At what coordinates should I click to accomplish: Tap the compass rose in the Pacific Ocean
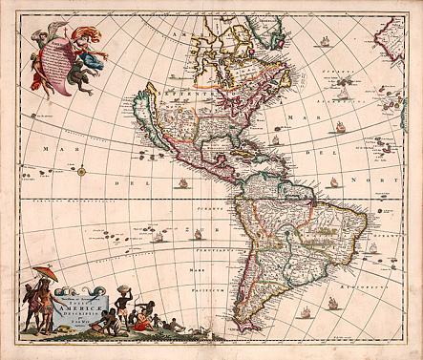[x=82, y=172]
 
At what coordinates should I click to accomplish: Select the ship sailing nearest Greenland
[x=324, y=42]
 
